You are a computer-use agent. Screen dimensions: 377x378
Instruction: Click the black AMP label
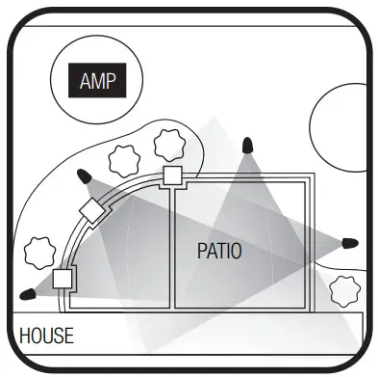pos(100,80)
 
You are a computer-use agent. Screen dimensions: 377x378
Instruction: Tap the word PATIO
pos(218,252)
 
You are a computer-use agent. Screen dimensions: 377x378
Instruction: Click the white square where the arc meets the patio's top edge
pos(172,175)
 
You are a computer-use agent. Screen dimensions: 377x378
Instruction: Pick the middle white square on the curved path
pos(91,212)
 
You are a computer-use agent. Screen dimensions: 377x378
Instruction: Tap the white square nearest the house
pos(63,280)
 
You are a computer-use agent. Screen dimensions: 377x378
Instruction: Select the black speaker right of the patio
pos(350,240)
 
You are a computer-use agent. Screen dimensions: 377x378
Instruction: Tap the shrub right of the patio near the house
pos(342,289)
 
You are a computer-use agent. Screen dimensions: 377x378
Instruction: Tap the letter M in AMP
pos(100,80)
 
